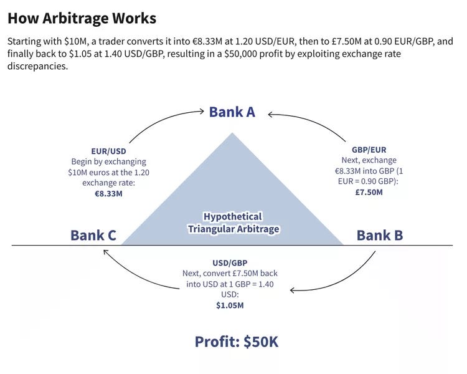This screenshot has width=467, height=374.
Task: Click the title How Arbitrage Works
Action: [x=82, y=17]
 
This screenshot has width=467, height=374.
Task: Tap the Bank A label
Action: [x=232, y=112]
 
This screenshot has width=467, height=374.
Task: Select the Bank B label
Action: [x=379, y=235]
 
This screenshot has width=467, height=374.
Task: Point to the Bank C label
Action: [x=93, y=235]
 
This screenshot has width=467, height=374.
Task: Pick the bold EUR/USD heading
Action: [x=109, y=151]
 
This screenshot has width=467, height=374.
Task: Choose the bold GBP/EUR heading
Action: [x=369, y=150]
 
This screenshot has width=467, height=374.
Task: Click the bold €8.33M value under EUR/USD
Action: [x=108, y=193]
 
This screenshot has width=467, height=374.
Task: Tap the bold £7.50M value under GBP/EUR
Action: [x=369, y=192]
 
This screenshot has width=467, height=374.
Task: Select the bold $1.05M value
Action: [x=230, y=305]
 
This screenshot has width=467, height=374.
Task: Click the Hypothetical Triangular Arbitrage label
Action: [x=233, y=223]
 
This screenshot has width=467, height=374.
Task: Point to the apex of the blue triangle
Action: [x=233, y=133]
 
